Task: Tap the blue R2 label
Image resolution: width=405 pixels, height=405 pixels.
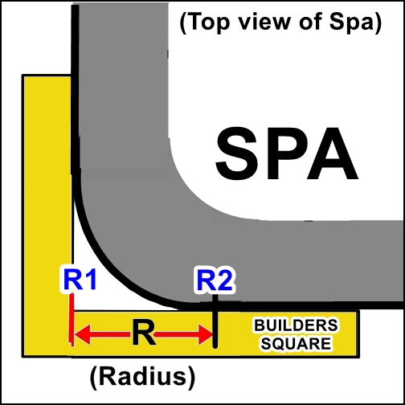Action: point(215,281)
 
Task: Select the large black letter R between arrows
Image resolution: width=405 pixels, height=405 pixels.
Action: point(143,333)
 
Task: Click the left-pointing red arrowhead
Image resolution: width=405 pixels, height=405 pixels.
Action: point(83,334)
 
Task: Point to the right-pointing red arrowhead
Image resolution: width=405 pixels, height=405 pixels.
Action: point(206,334)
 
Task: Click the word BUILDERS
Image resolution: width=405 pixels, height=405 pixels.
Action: point(296,325)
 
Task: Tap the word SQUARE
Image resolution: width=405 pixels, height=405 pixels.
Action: point(296,343)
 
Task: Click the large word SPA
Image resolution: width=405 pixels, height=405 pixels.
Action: point(287,154)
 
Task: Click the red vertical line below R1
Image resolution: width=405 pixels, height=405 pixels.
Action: point(72,320)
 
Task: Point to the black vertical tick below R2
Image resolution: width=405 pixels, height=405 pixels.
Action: point(215,321)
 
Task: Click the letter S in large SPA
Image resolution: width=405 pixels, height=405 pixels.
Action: point(237,154)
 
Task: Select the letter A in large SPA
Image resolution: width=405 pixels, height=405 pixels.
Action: point(333,154)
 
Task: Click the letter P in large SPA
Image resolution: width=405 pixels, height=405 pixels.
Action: point(284,154)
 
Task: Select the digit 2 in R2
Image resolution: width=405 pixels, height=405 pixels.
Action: point(224,281)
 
